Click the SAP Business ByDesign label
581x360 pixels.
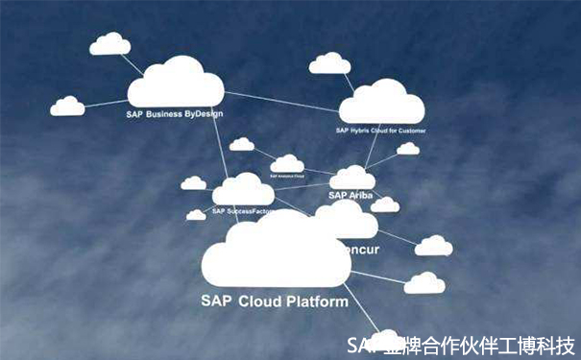coord(174,113)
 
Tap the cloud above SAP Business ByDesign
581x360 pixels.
coord(175,83)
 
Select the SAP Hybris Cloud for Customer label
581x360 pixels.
coord(380,130)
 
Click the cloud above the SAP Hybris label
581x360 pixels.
coord(381,103)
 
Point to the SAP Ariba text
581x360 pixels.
coord(351,195)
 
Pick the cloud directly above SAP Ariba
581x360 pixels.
coord(351,179)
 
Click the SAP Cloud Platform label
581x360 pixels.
coord(275,300)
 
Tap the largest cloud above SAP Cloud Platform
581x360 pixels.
coord(276,252)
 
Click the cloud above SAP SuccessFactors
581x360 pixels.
coord(242,190)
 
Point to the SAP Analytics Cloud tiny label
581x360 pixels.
coord(286,177)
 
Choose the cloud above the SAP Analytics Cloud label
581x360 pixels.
coord(286,164)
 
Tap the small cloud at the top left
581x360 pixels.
coord(109,44)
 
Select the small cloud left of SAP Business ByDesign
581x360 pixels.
coord(67,106)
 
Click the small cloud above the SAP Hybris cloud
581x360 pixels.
coord(329,63)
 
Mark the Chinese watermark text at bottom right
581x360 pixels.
coord(462,344)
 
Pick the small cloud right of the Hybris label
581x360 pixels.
coord(408,149)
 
